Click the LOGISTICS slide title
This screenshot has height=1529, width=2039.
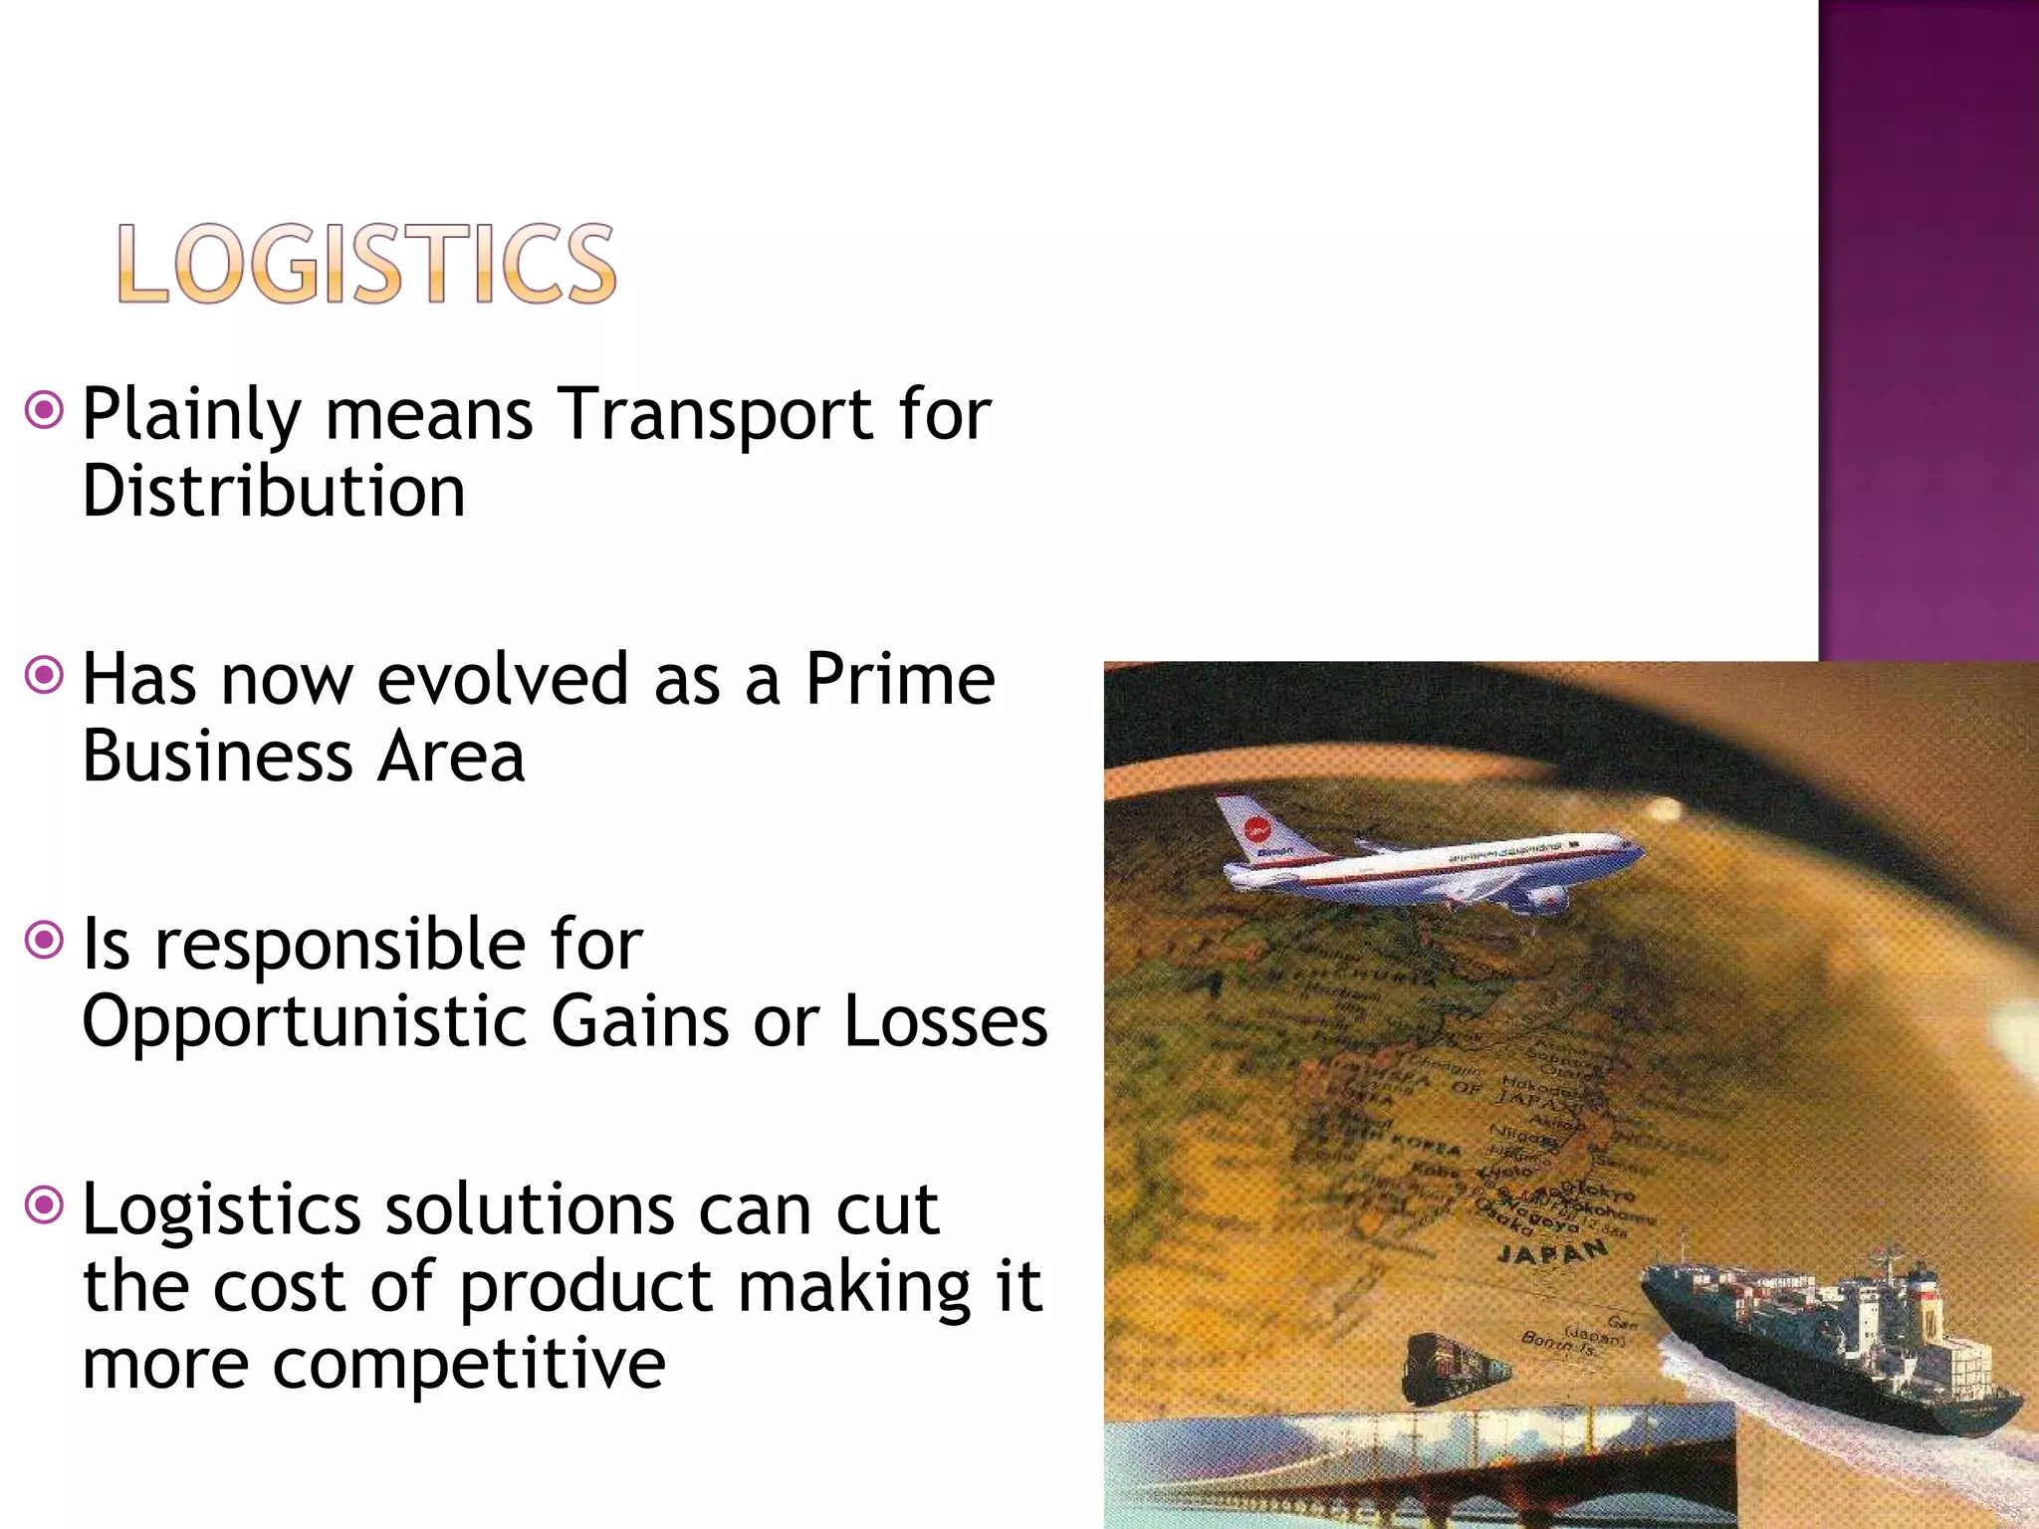pos(366,263)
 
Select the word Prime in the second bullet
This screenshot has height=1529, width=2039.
pos(899,679)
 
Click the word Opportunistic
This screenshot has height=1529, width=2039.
pos(304,1021)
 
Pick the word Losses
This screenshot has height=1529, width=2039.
pos(946,1021)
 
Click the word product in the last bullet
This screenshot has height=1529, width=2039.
pos(587,1286)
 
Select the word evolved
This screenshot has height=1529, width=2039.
pos(503,679)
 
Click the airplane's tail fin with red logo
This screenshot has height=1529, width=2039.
pos(1256,828)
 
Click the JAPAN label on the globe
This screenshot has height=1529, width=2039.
pos(1553,1252)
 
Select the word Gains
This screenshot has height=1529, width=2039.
pos(640,1021)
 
